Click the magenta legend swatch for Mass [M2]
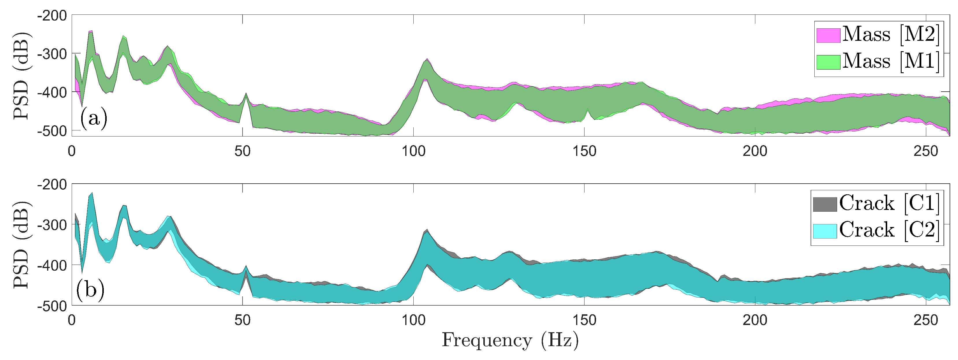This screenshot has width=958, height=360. tap(828, 35)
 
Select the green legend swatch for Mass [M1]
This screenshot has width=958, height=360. tap(828, 62)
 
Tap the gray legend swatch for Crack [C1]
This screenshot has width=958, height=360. tap(825, 204)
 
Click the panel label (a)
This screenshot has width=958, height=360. tap(94, 119)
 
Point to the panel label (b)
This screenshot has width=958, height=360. tap(90, 289)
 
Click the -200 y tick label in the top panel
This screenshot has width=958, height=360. tap(52, 16)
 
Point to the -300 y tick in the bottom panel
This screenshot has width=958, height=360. tap(52, 225)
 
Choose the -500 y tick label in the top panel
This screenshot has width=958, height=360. tap(52, 131)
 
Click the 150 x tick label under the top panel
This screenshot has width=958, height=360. tap(584, 151)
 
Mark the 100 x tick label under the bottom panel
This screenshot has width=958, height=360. tap(413, 320)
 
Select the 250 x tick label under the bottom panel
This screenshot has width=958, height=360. tap(926, 320)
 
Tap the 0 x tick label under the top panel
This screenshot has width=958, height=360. tap(72, 151)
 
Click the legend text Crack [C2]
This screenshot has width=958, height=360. tap(889, 230)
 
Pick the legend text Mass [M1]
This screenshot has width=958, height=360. tap(891, 61)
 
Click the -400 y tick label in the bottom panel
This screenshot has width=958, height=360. tap(52, 265)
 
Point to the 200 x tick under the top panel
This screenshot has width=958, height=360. tap(755, 151)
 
